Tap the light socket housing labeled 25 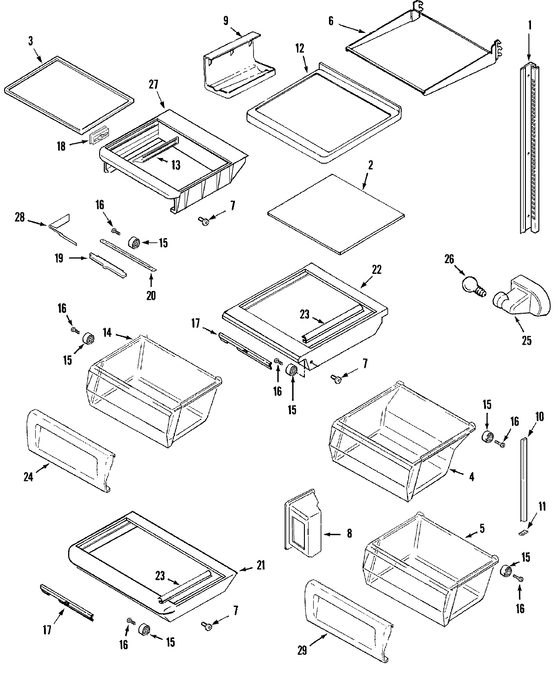click(x=521, y=300)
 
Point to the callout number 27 click(x=154, y=84)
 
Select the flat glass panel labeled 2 click(x=336, y=214)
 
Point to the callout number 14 click(x=107, y=332)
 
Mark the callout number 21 click(x=260, y=566)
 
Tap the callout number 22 click(x=377, y=270)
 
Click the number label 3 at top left click(x=31, y=41)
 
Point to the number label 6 click(x=331, y=21)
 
